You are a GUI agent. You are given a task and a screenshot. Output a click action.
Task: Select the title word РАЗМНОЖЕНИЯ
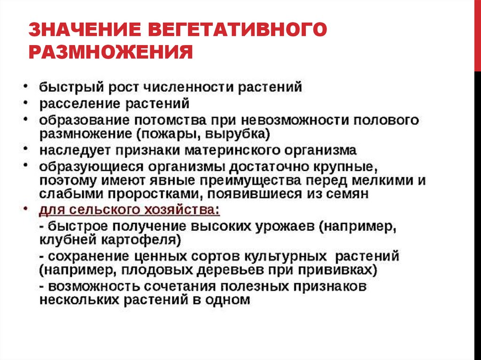tap(111, 51)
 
